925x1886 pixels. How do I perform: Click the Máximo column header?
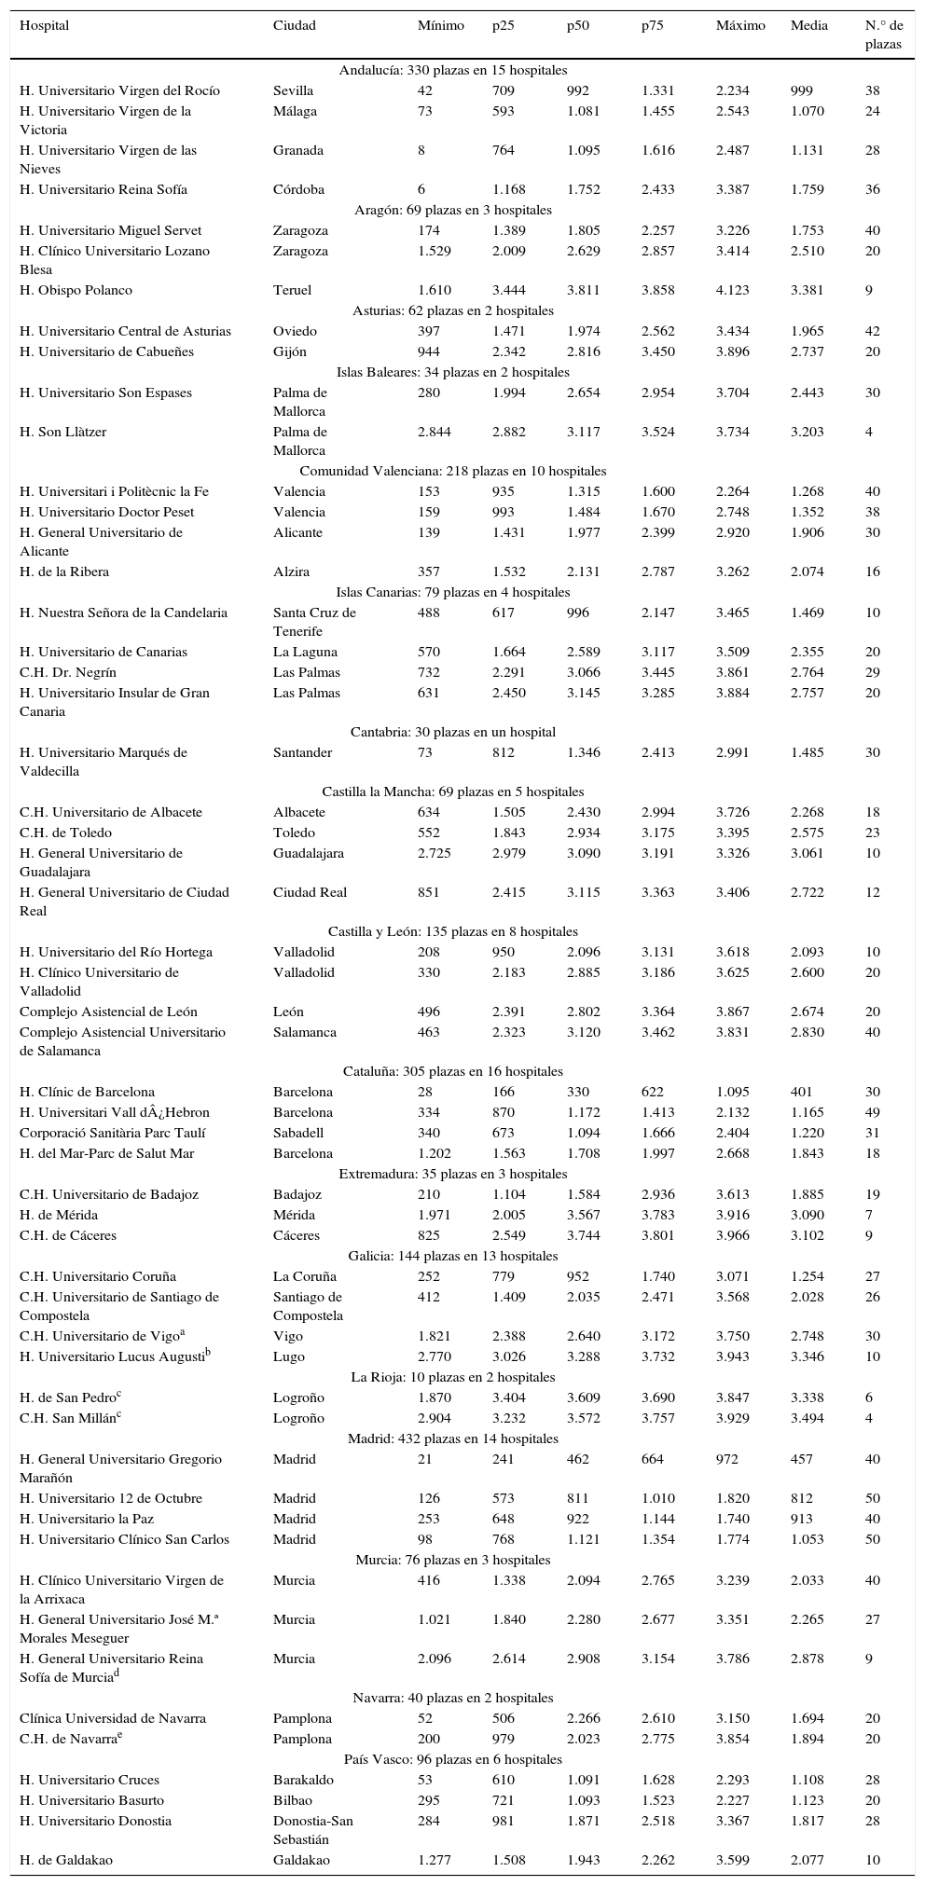tap(740, 26)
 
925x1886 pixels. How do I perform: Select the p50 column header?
tap(578, 26)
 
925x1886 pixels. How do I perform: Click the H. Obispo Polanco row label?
tap(76, 290)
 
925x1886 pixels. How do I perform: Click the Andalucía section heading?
tap(453, 70)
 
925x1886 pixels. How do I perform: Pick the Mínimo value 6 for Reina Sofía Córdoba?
tap(421, 189)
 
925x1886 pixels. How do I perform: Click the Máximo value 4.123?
tap(732, 290)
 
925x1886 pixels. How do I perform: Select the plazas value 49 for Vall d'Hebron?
tap(873, 1112)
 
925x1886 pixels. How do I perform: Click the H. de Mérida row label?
tap(59, 1215)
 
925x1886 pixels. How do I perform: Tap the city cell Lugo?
tap(288, 1356)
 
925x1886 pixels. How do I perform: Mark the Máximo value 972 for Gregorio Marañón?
tap(726, 1459)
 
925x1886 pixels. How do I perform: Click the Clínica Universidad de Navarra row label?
tap(113, 1718)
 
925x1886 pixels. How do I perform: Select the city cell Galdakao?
tap(301, 1860)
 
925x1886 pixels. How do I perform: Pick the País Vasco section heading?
tap(453, 1759)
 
